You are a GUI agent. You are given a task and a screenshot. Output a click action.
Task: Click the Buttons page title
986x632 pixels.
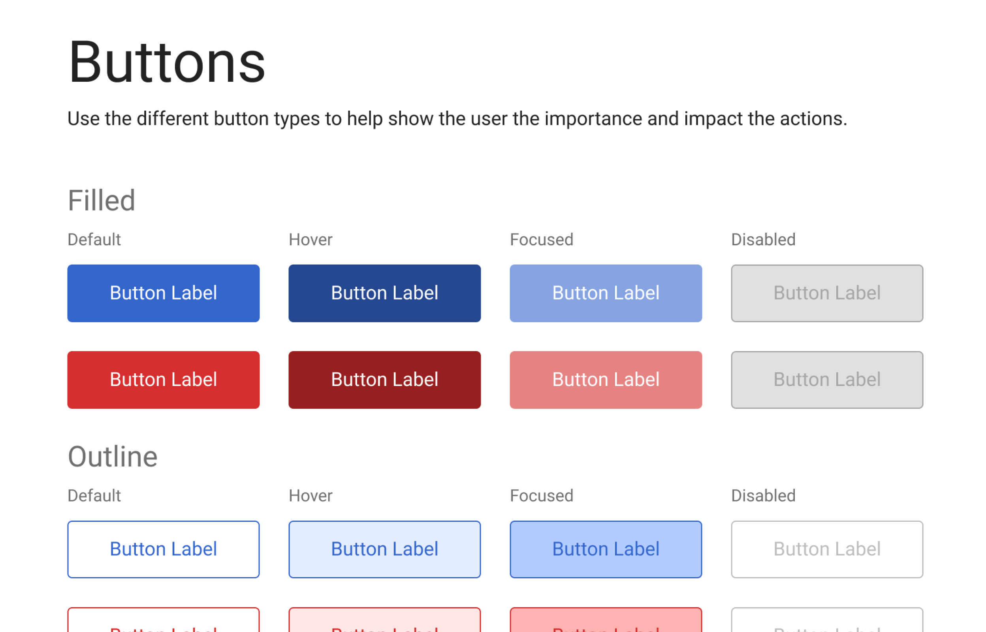(x=166, y=62)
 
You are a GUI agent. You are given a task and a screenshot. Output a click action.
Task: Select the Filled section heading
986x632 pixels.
(x=102, y=201)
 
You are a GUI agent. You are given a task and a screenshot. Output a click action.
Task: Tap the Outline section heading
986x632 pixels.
(x=113, y=457)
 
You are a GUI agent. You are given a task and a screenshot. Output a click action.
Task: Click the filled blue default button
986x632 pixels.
(x=163, y=293)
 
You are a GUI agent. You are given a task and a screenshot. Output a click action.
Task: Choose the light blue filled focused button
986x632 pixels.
(x=605, y=293)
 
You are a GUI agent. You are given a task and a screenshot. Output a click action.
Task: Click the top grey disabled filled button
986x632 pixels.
(x=826, y=293)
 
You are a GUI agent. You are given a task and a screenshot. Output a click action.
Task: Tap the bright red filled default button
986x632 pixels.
(x=163, y=380)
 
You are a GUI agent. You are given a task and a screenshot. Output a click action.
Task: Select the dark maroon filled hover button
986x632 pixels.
(x=384, y=380)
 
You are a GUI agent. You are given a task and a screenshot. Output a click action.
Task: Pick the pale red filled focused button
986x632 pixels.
(x=605, y=380)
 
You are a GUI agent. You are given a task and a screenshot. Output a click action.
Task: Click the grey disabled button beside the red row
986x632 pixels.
(x=826, y=380)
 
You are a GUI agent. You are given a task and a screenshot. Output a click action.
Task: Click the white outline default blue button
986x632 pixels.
(x=163, y=549)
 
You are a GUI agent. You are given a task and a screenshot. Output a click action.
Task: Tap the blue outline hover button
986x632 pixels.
(x=384, y=549)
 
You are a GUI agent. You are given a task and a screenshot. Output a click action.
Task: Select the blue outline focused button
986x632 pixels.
(x=605, y=549)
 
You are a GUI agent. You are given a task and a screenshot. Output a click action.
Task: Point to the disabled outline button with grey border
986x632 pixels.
(x=826, y=549)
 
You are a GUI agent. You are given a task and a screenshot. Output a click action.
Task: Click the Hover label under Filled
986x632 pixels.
(x=310, y=240)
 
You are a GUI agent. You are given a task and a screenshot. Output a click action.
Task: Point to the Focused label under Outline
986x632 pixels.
(x=541, y=496)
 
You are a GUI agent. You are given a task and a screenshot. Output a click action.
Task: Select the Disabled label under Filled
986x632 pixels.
(x=763, y=240)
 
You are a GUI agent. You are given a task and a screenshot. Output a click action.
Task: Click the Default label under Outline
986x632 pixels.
(x=94, y=496)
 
